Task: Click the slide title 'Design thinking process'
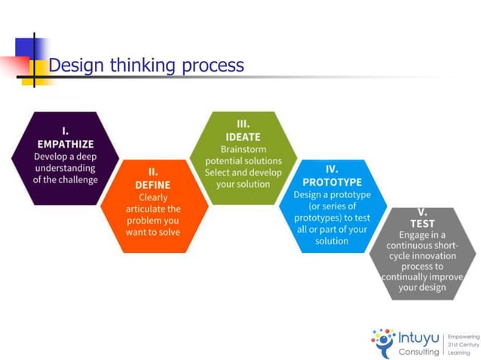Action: pyautogui.click(x=146, y=66)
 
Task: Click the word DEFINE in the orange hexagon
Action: pyautogui.click(x=153, y=185)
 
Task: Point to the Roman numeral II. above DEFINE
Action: pyautogui.click(x=153, y=172)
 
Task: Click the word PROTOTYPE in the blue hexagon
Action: pyautogui.click(x=332, y=182)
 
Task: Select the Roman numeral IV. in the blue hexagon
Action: pyautogui.click(x=332, y=169)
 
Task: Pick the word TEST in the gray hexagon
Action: pyautogui.click(x=422, y=224)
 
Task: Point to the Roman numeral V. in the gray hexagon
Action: pyautogui.click(x=422, y=212)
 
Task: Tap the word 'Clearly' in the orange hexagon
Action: pyautogui.click(x=153, y=197)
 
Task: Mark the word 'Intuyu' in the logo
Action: pyautogui.click(x=419, y=337)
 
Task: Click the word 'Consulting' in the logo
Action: pyautogui.click(x=419, y=351)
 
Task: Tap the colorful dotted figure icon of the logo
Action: pyautogui.click(x=384, y=343)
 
